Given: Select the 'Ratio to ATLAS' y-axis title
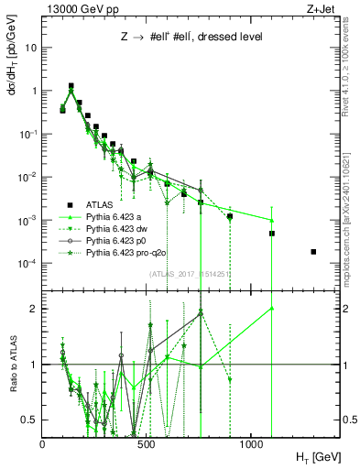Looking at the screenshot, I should pyautogui.click(x=11, y=364).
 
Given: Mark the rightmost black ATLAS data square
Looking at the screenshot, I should pyautogui.click(x=313, y=252).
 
